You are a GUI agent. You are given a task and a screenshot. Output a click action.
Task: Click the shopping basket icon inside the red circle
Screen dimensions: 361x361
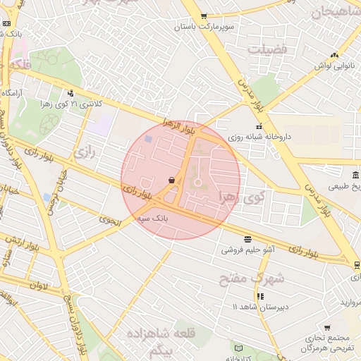[172, 180]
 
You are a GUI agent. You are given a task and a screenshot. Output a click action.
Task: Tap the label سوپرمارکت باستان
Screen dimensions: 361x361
[203, 27]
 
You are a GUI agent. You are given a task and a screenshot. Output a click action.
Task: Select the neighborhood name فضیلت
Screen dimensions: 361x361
[267, 49]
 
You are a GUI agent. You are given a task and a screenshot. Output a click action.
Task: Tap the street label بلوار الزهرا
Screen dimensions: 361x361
[178, 126]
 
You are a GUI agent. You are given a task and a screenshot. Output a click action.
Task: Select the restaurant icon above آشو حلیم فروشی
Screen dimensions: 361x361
[247, 239]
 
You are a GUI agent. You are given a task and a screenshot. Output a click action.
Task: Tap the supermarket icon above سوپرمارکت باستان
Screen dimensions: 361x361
[204, 16]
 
